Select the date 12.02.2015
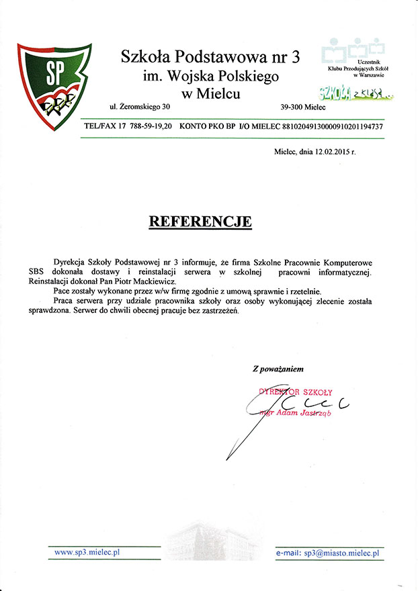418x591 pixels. pyautogui.click(x=330, y=152)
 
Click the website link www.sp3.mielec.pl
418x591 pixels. pyautogui.click(x=87, y=552)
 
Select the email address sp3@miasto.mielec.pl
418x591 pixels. pyautogui.click(x=341, y=553)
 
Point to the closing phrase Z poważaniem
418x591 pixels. pyautogui.click(x=278, y=369)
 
